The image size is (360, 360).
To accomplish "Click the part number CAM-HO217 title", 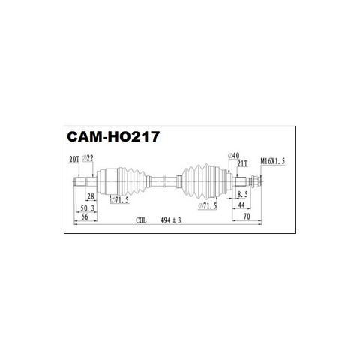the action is pyautogui.click(x=113, y=136).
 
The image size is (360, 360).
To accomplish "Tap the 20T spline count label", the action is pyautogui.click(x=74, y=159).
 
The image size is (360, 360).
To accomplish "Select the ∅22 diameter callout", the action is pyautogui.click(x=88, y=158).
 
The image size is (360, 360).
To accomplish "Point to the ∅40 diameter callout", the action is pyautogui.click(x=233, y=156).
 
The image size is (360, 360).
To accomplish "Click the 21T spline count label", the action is pyautogui.click(x=242, y=163).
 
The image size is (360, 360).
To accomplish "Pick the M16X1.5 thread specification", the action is pyautogui.click(x=273, y=161).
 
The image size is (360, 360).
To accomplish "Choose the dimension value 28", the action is pyautogui.click(x=91, y=196).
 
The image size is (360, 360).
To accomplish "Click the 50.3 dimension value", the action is pyautogui.click(x=88, y=208).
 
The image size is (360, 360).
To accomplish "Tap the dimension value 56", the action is pyautogui.click(x=85, y=217).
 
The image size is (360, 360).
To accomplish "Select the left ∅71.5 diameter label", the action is pyautogui.click(x=119, y=200).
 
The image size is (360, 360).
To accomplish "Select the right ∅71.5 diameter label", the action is pyautogui.click(x=208, y=206).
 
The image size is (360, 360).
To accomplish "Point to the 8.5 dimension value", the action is pyautogui.click(x=242, y=194).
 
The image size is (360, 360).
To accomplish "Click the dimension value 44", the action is pyautogui.click(x=241, y=205).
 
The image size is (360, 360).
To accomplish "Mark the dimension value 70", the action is pyautogui.click(x=247, y=217).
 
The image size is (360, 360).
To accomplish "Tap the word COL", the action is pyautogui.click(x=141, y=220).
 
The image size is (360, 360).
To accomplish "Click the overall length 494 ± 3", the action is pyautogui.click(x=171, y=220).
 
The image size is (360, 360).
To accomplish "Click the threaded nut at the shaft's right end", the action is pyautogui.click(x=256, y=181).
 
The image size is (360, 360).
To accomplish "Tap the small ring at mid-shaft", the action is pyautogui.click(x=164, y=181).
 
